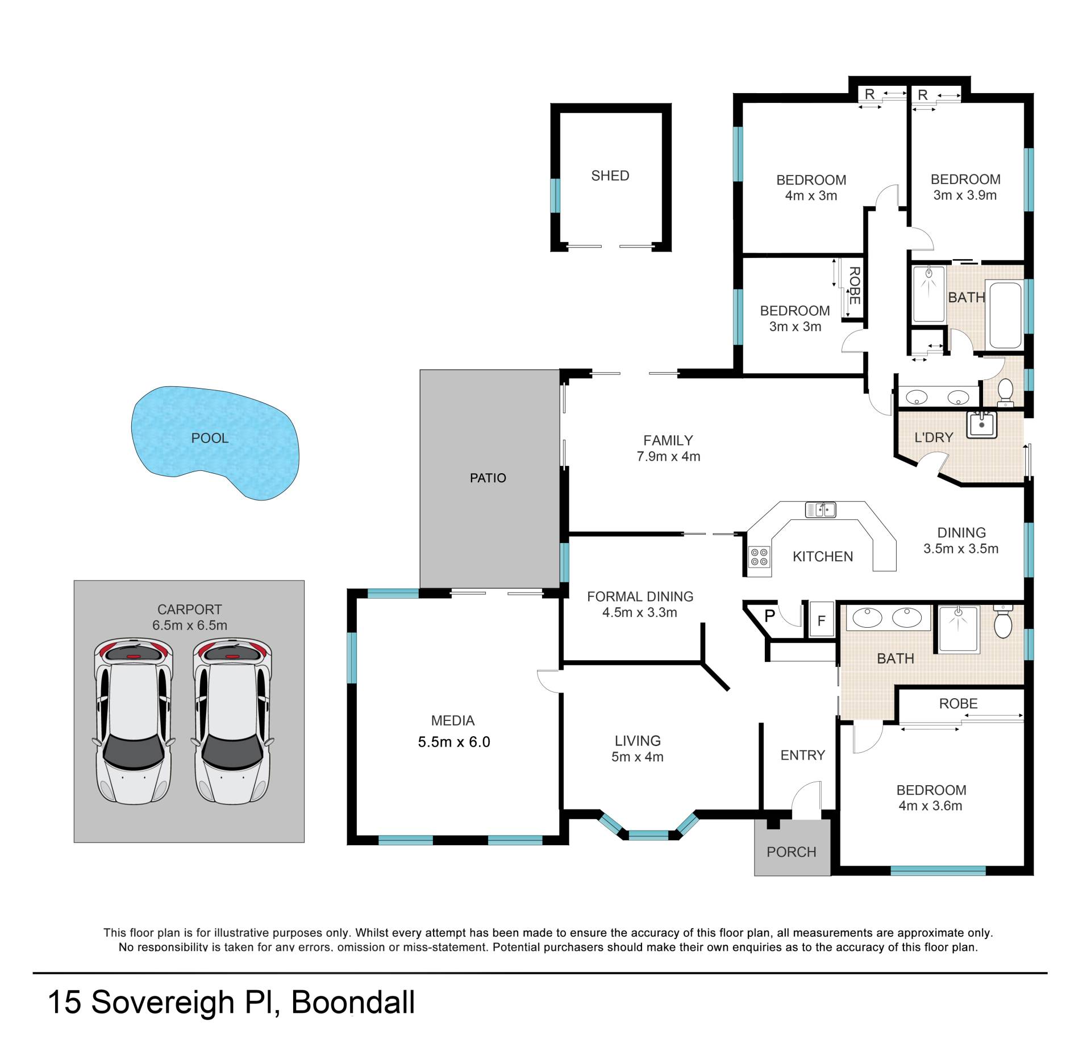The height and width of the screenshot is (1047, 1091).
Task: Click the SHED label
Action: [x=610, y=176]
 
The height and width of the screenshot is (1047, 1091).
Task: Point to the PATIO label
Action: [x=488, y=478]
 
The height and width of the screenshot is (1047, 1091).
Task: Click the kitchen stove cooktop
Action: [x=759, y=556]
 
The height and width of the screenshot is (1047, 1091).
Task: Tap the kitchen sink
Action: [x=821, y=510]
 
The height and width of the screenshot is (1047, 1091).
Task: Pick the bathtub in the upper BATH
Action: [x=1005, y=315]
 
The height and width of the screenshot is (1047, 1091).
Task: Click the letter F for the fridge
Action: [x=821, y=621]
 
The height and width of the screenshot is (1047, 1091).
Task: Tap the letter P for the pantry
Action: [x=770, y=616]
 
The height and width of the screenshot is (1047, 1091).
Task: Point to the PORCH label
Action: [x=791, y=852]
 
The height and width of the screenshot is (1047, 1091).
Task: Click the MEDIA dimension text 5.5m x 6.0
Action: [x=453, y=742]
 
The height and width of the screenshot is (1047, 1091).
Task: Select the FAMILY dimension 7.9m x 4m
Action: [x=668, y=456]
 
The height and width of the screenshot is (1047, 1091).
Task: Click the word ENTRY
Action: [x=802, y=755]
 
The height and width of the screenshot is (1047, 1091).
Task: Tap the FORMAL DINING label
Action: [x=640, y=597]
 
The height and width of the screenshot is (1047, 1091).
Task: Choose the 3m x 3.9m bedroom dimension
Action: [x=965, y=195]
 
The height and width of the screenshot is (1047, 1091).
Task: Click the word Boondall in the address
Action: [x=353, y=1002]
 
